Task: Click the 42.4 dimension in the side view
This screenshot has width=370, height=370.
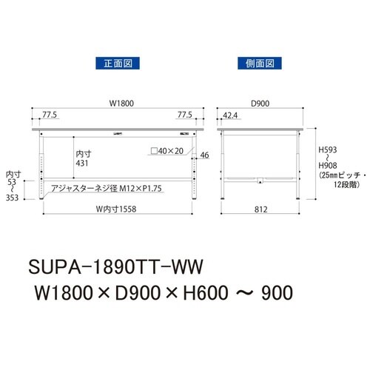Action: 229,116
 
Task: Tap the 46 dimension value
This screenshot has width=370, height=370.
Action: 204,155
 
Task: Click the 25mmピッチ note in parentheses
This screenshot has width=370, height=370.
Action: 339,175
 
